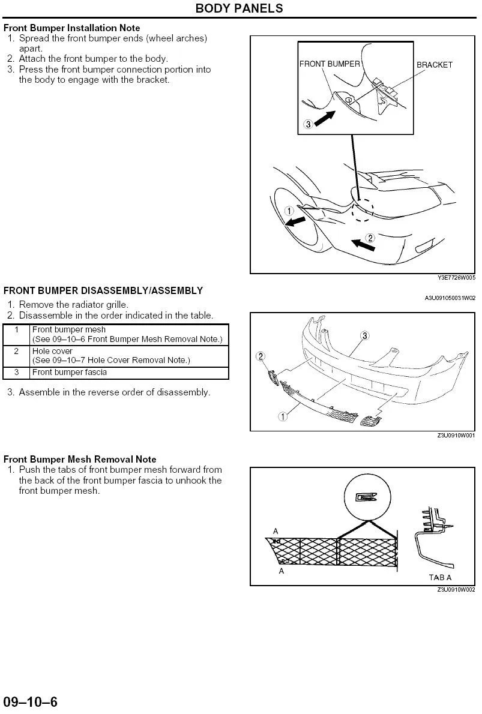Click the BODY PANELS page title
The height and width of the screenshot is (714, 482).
click(239, 8)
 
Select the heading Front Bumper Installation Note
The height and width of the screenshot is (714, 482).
click(72, 28)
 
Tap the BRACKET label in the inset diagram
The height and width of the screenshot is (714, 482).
click(434, 65)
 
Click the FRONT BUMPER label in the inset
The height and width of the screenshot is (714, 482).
click(330, 64)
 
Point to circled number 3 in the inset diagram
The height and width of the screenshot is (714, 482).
click(308, 124)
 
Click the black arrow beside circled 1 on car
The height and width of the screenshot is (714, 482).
click(295, 221)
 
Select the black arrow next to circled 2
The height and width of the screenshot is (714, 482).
click(363, 245)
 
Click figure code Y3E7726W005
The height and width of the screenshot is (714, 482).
click(456, 278)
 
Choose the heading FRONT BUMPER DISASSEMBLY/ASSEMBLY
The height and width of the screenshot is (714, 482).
click(103, 291)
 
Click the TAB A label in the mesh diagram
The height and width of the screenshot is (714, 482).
click(440, 577)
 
